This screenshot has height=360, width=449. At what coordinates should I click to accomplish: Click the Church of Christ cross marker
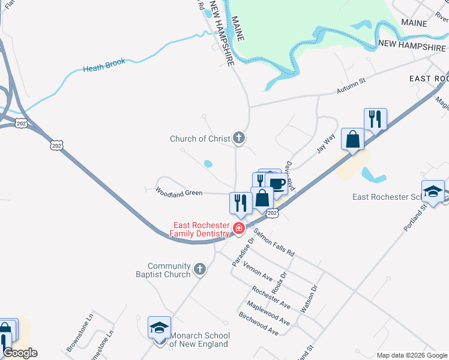coord(239,139)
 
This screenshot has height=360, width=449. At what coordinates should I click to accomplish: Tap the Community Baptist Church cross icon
coord(200,270)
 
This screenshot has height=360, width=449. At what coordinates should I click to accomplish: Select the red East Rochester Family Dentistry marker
coord(239,228)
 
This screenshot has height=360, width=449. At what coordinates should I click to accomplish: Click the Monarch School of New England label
coord(199,340)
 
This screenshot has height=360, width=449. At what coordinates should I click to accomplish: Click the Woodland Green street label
coord(179,192)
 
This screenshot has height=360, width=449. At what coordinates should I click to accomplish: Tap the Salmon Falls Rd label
coord(274,242)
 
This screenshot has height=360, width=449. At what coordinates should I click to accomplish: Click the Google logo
coord(20,353)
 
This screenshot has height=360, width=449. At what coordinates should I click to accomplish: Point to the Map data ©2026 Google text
coord(411,355)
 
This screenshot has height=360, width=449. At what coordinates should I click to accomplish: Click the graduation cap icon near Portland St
coord(432,192)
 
